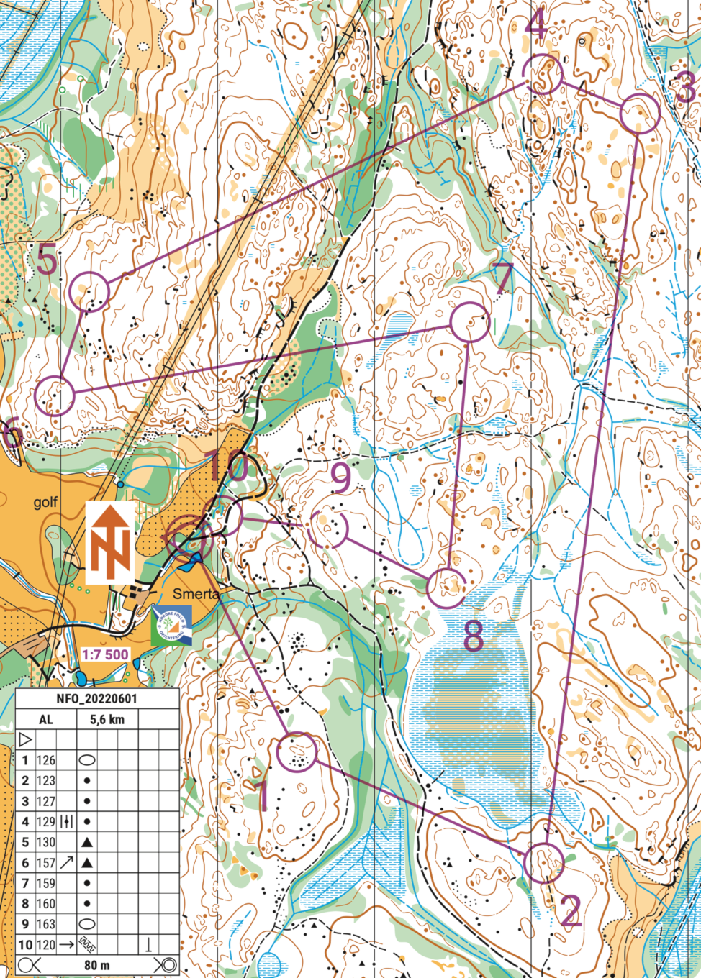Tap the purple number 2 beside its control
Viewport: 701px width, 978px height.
pyautogui.click(x=570, y=911)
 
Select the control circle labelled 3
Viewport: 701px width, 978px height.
pyautogui.click(x=639, y=114)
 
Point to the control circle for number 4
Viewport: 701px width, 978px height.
pyautogui.click(x=542, y=74)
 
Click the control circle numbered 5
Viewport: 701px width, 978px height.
pyautogui.click(x=90, y=291)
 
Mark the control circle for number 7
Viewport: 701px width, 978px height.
pyautogui.click(x=470, y=322)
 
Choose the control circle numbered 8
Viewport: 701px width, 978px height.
pyautogui.click(x=447, y=587)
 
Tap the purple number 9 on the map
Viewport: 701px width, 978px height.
pyautogui.click(x=342, y=477)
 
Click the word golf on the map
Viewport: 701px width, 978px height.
pyautogui.click(x=45, y=502)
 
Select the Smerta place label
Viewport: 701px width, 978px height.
pyautogui.click(x=196, y=593)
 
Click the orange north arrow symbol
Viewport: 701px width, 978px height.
pyautogui.click(x=110, y=543)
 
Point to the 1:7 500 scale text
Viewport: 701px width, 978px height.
pyautogui.click(x=105, y=654)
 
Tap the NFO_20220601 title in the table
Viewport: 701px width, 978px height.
pyautogui.click(x=97, y=699)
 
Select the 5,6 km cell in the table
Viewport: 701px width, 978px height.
pyautogui.click(x=107, y=719)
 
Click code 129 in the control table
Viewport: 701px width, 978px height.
pyautogui.click(x=46, y=821)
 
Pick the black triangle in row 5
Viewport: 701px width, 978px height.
pyautogui.click(x=87, y=842)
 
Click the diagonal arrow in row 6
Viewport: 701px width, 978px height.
pyautogui.click(x=67, y=862)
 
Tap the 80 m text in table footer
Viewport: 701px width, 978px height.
pyautogui.click(x=97, y=965)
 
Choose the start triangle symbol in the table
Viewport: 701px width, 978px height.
pyautogui.click(x=25, y=739)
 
